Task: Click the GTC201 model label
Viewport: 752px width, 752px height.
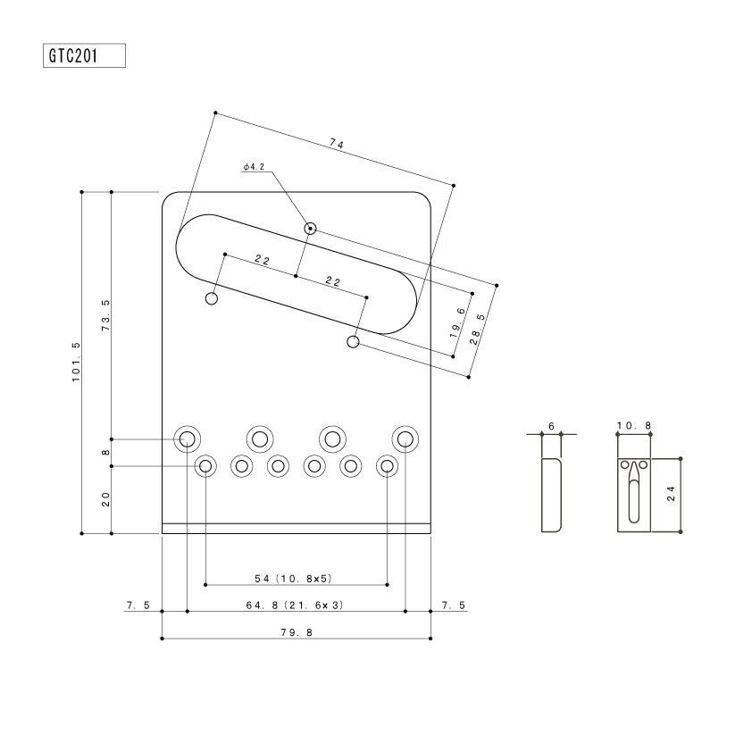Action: [x=73, y=55]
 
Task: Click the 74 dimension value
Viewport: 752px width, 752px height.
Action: [x=337, y=144]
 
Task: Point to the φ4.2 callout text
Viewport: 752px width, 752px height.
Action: [x=254, y=167]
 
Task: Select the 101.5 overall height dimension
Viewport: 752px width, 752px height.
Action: [x=76, y=362]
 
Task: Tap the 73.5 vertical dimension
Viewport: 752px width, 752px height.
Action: [x=106, y=315]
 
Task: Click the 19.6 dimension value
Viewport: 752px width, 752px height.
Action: [x=457, y=322]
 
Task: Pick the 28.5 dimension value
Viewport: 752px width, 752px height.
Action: [x=477, y=330]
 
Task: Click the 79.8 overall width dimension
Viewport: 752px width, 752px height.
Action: [x=297, y=632]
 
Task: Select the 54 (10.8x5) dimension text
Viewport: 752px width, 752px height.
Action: [x=294, y=579]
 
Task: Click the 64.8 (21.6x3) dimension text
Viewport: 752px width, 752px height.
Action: [x=295, y=606]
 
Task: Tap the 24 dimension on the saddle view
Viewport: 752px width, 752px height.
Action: [x=671, y=494]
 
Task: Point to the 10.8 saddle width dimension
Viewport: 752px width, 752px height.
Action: [x=634, y=425]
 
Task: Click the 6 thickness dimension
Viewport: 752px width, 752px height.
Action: [x=552, y=426]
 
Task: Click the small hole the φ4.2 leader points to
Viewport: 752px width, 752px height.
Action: [x=310, y=229]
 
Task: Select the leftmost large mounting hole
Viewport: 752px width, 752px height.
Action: [x=187, y=439]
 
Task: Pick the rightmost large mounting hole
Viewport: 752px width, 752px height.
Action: [x=405, y=439]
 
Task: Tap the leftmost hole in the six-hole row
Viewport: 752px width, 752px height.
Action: [x=205, y=465]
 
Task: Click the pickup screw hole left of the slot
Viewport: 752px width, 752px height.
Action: [x=212, y=298]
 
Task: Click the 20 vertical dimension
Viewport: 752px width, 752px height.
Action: [x=106, y=499]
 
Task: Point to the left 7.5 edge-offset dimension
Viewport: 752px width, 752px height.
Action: [x=138, y=606]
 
